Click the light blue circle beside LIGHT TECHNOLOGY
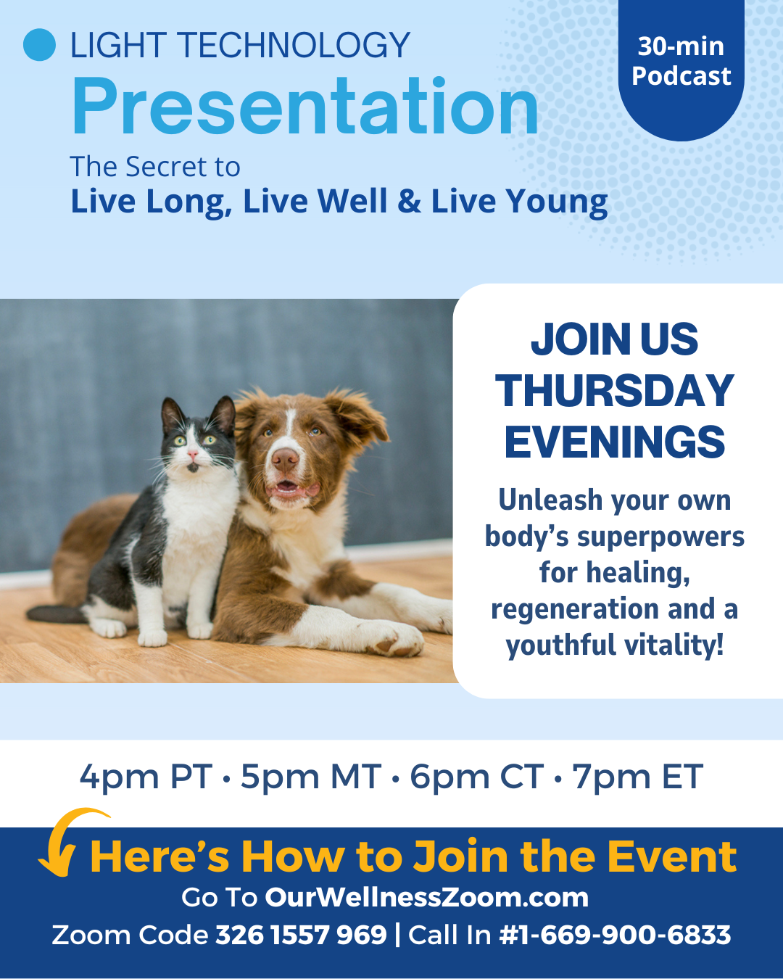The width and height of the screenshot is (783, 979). pyautogui.click(x=40, y=44)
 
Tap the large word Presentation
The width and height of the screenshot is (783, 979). pyautogui.click(x=305, y=107)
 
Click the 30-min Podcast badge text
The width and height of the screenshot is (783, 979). pyautogui.click(x=681, y=61)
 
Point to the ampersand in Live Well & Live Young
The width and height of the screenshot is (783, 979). pyautogui.click(x=409, y=201)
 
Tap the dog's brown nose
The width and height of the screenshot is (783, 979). pyautogui.click(x=285, y=460)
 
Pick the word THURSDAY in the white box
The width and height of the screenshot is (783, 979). pyautogui.click(x=615, y=391)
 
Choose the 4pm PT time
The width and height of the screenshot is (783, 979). pyautogui.click(x=146, y=777)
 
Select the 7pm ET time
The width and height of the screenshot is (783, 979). pyautogui.click(x=637, y=777)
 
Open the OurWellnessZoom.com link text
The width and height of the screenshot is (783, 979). pyautogui.click(x=427, y=898)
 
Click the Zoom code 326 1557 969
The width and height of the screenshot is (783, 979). pyautogui.click(x=301, y=935)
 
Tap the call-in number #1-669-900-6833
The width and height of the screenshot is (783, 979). pyautogui.click(x=615, y=935)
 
